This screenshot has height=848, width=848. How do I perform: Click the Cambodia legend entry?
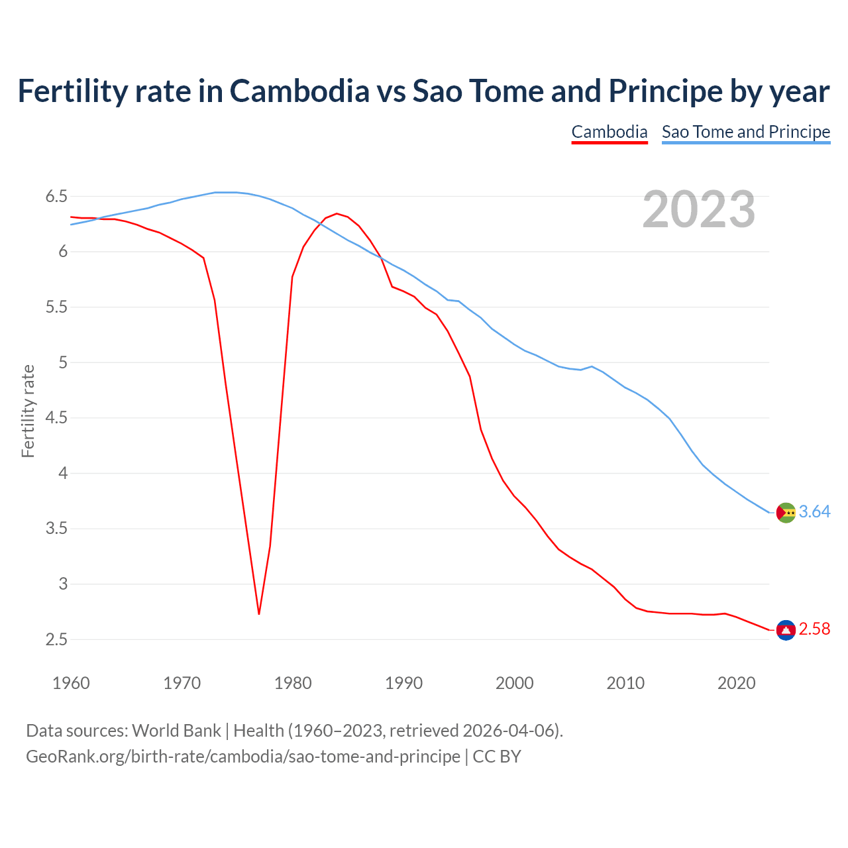tap(609, 132)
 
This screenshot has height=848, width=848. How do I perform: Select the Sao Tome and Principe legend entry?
tap(745, 132)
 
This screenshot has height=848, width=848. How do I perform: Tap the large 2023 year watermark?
tap(698, 209)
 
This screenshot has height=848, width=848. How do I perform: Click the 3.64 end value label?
tap(814, 512)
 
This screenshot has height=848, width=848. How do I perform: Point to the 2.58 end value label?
tap(814, 629)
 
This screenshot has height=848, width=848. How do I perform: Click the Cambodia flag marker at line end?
tap(786, 630)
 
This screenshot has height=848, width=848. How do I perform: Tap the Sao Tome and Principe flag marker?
tap(786, 513)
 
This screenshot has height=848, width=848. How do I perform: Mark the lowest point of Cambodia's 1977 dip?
tap(259, 614)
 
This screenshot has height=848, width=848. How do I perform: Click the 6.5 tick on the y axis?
tap(56, 197)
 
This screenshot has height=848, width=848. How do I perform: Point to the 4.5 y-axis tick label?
tap(56, 418)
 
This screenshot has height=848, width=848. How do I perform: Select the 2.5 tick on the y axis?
tap(56, 640)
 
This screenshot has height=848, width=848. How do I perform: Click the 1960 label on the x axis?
tap(71, 683)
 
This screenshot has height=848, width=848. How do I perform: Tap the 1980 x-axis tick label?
tap(293, 683)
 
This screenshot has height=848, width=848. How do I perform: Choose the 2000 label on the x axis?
tap(514, 683)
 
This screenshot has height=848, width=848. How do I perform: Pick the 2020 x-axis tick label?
tap(736, 683)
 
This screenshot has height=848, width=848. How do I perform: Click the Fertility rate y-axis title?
tap(28, 411)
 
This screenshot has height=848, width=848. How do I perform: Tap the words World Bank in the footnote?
tap(176, 731)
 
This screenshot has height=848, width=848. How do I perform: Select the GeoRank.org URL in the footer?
tap(242, 757)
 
